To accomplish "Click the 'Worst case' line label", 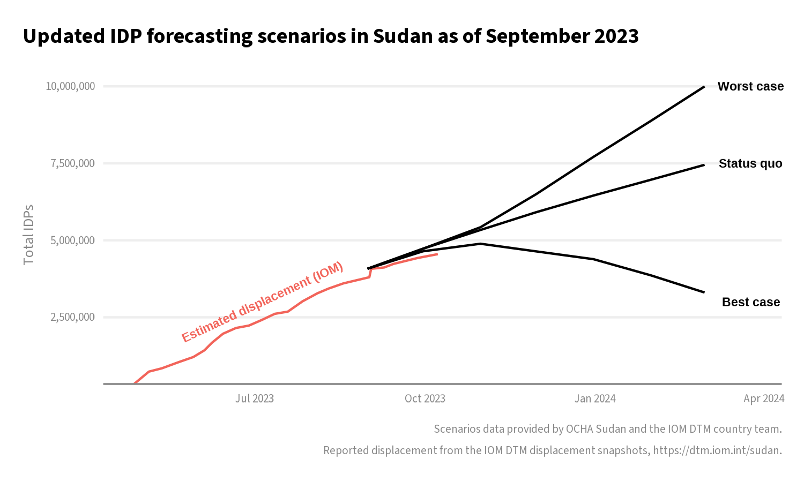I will [x=750, y=86].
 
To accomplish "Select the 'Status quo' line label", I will [x=750, y=163].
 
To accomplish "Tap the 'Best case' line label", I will [x=750, y=302].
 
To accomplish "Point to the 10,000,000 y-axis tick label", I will [x=70, y=86].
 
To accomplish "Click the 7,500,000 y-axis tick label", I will [x=72, y=163].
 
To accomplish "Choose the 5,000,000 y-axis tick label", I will [x=72, y=240].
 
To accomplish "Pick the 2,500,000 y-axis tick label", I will [x=72, y=317].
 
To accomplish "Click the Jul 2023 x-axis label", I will [x=255, y=398].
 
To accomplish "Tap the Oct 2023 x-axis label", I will [x=425, y=398].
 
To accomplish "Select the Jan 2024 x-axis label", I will [x=595, y=398].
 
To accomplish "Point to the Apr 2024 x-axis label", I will [x=764, y=398].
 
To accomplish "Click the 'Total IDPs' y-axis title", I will [x=29, y=235].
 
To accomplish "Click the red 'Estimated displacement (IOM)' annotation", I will [x=262, y=303].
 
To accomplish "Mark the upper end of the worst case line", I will [x=704, y=86].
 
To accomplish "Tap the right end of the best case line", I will [x=704, y=292].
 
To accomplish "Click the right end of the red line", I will [x=437, y=254].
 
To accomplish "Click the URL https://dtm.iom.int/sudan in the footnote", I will [x=717, y=450].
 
